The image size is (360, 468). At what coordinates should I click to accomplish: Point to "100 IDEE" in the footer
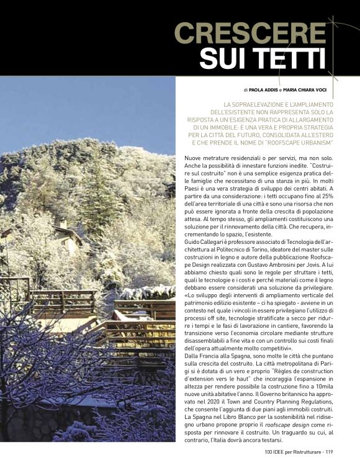coord(276,461)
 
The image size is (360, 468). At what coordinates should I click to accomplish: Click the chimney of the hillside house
coord(61,223)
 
